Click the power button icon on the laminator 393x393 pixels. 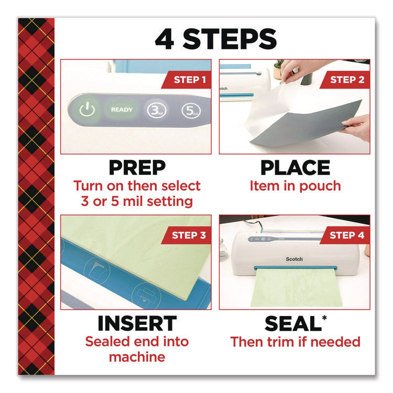(88, 110)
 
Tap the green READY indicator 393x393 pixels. (122, 110)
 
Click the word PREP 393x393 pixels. (137, 168)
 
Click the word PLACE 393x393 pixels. (295, 168)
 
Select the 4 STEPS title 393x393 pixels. (215, 40)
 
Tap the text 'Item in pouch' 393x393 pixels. (295, 186)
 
